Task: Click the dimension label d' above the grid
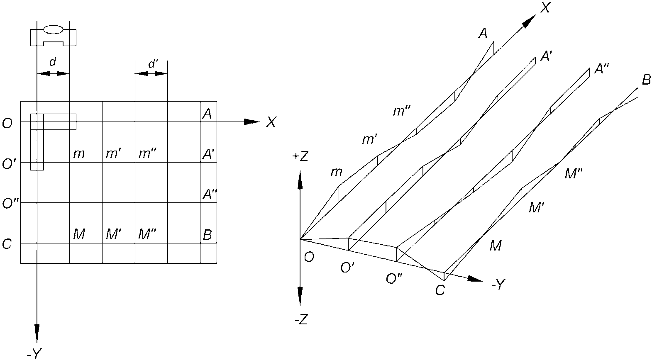153,64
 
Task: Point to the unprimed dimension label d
53,62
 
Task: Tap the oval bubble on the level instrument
53,29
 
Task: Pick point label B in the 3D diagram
646,79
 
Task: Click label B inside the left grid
207,235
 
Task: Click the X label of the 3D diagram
545,8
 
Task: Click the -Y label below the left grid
34,354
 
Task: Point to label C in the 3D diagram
440,290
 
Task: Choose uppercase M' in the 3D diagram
537,208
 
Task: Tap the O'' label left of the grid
10,203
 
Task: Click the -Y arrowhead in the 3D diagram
475,279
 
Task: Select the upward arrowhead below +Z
300,180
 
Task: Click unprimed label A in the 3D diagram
483,34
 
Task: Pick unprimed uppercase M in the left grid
79,234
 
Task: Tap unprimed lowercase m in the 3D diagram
336,172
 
